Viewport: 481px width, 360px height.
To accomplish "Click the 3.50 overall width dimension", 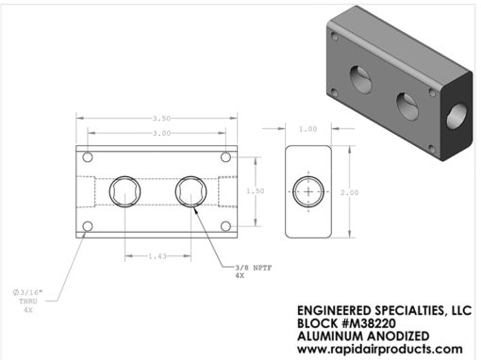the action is [161, 119].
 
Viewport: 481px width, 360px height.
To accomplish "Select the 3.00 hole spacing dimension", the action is [161, 133].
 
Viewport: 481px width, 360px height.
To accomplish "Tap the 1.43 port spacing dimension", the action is [158, 256].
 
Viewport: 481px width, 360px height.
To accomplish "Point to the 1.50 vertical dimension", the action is [256, 191].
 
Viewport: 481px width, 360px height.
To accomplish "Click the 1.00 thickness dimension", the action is [308, 129].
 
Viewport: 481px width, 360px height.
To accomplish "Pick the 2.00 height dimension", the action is [349, 192].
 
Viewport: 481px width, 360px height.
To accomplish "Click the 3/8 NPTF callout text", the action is [254, 268].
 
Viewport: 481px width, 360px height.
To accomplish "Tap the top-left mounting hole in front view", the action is [88, 156].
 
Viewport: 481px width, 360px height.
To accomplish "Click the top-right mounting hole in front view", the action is [225, 156].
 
